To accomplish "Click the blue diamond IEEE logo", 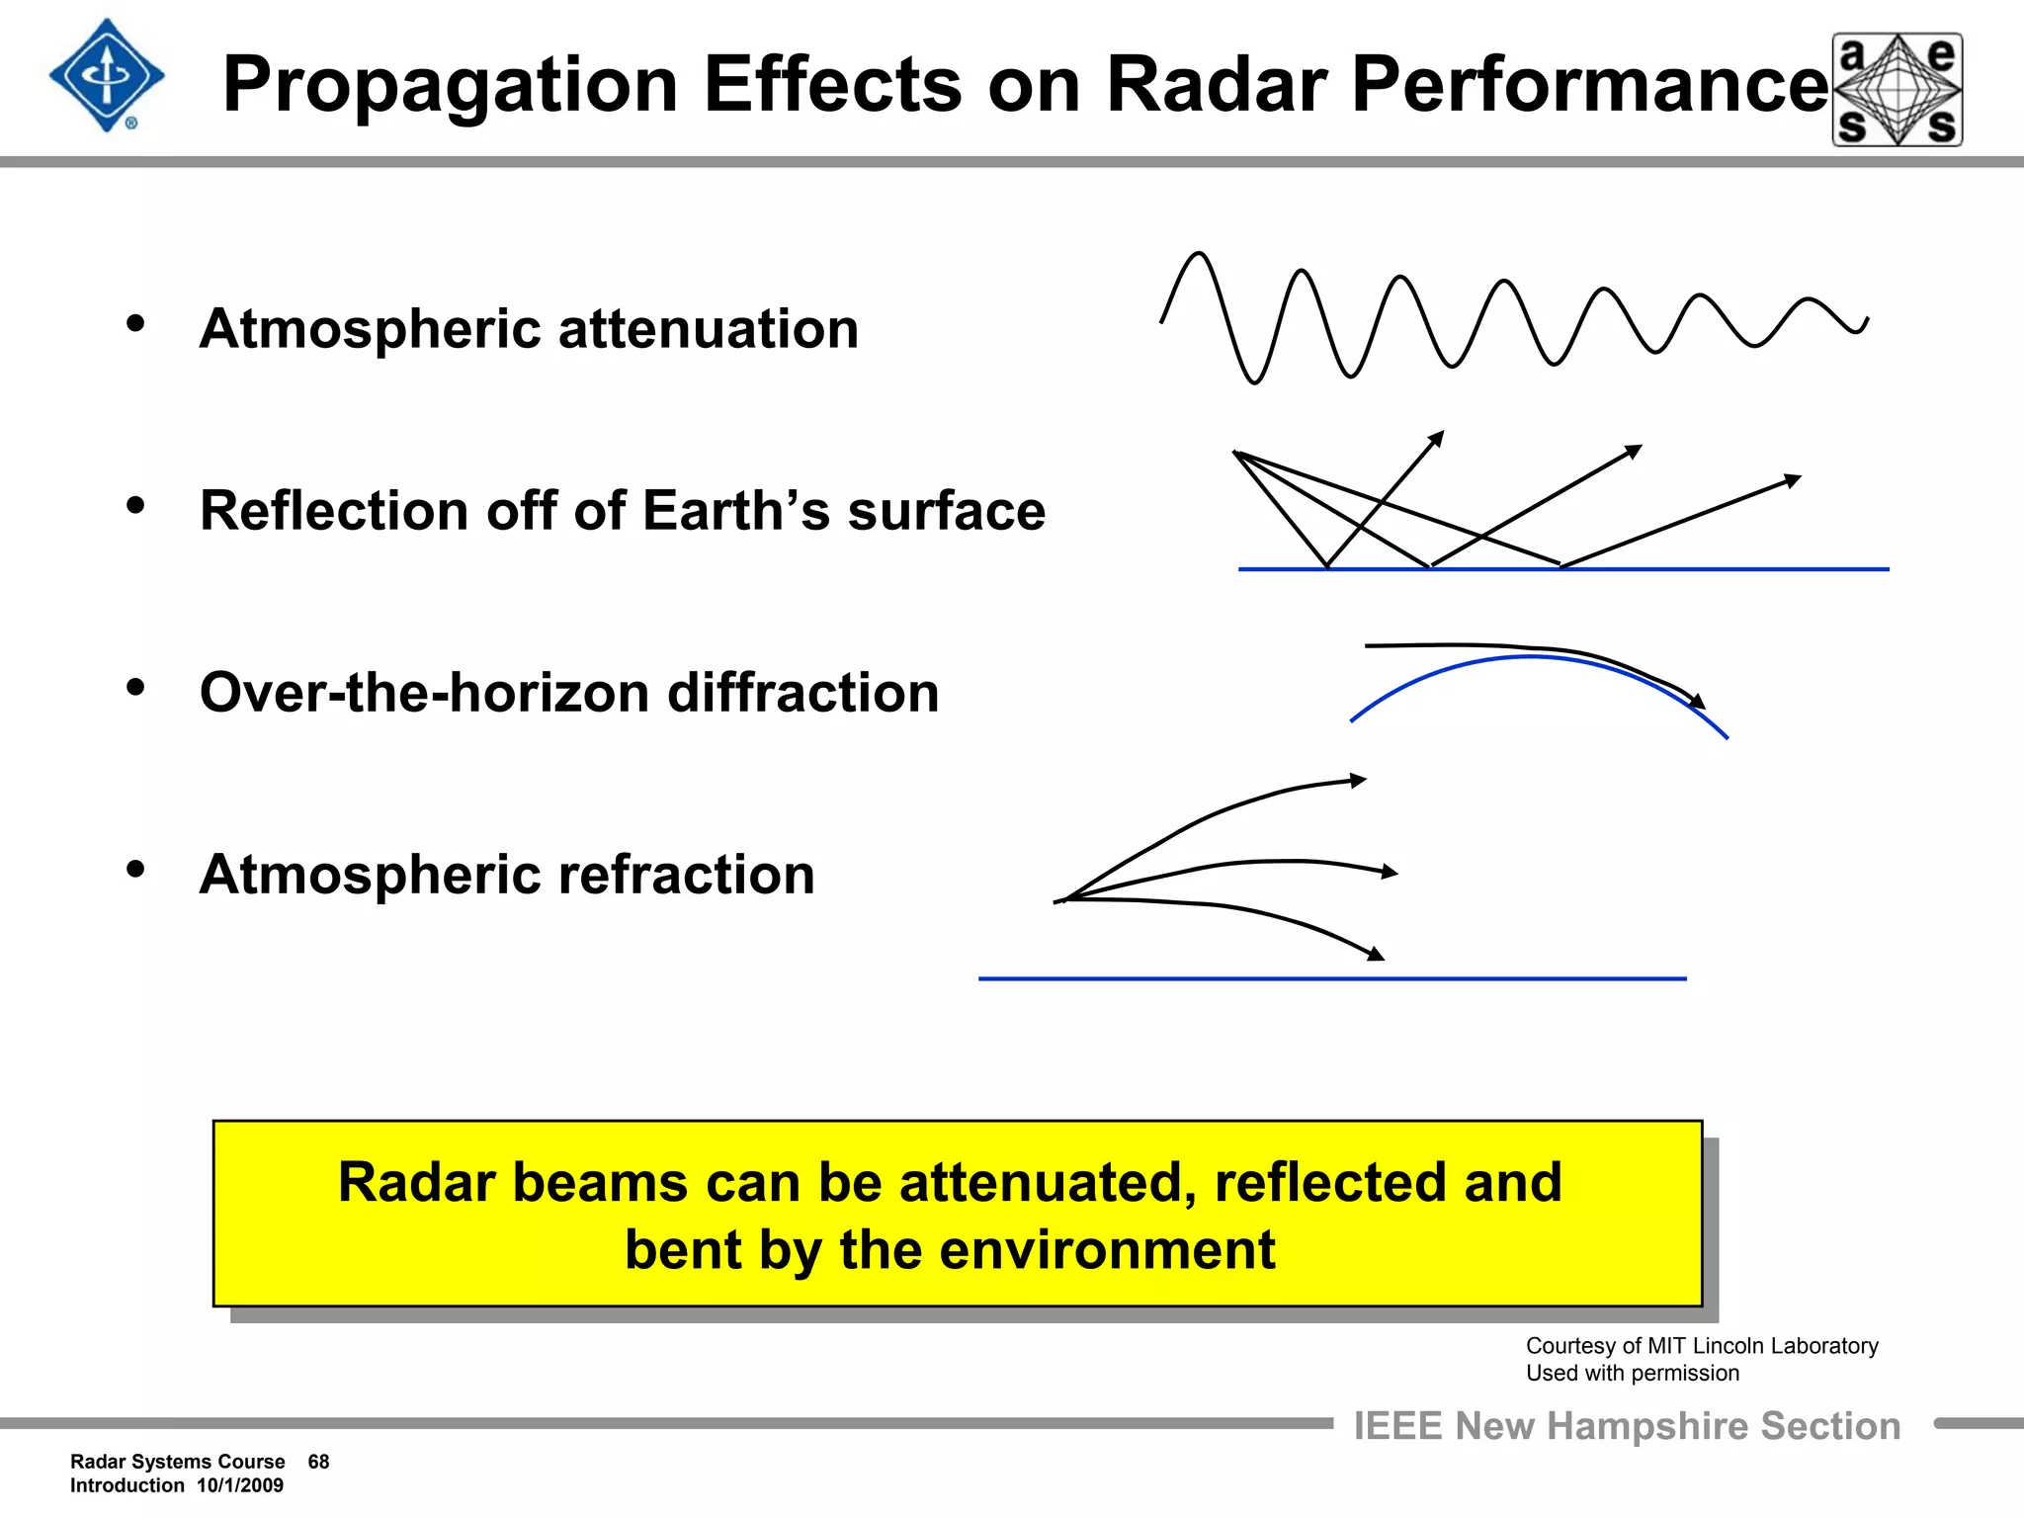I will point(106,76).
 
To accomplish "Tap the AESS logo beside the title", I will point(1897,90).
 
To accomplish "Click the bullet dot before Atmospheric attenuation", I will point(136,323).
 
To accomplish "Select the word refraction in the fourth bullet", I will point(686,875).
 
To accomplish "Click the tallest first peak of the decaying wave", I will point(1199,256).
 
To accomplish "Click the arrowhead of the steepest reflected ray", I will point(1438,437).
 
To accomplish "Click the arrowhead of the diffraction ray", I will point(1697,701).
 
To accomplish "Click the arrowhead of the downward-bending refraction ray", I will point(1376,954).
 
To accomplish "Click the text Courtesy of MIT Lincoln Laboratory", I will point(1701,1346).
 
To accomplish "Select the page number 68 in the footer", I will point(318,1462).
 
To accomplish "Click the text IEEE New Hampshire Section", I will point(1626,1426).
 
